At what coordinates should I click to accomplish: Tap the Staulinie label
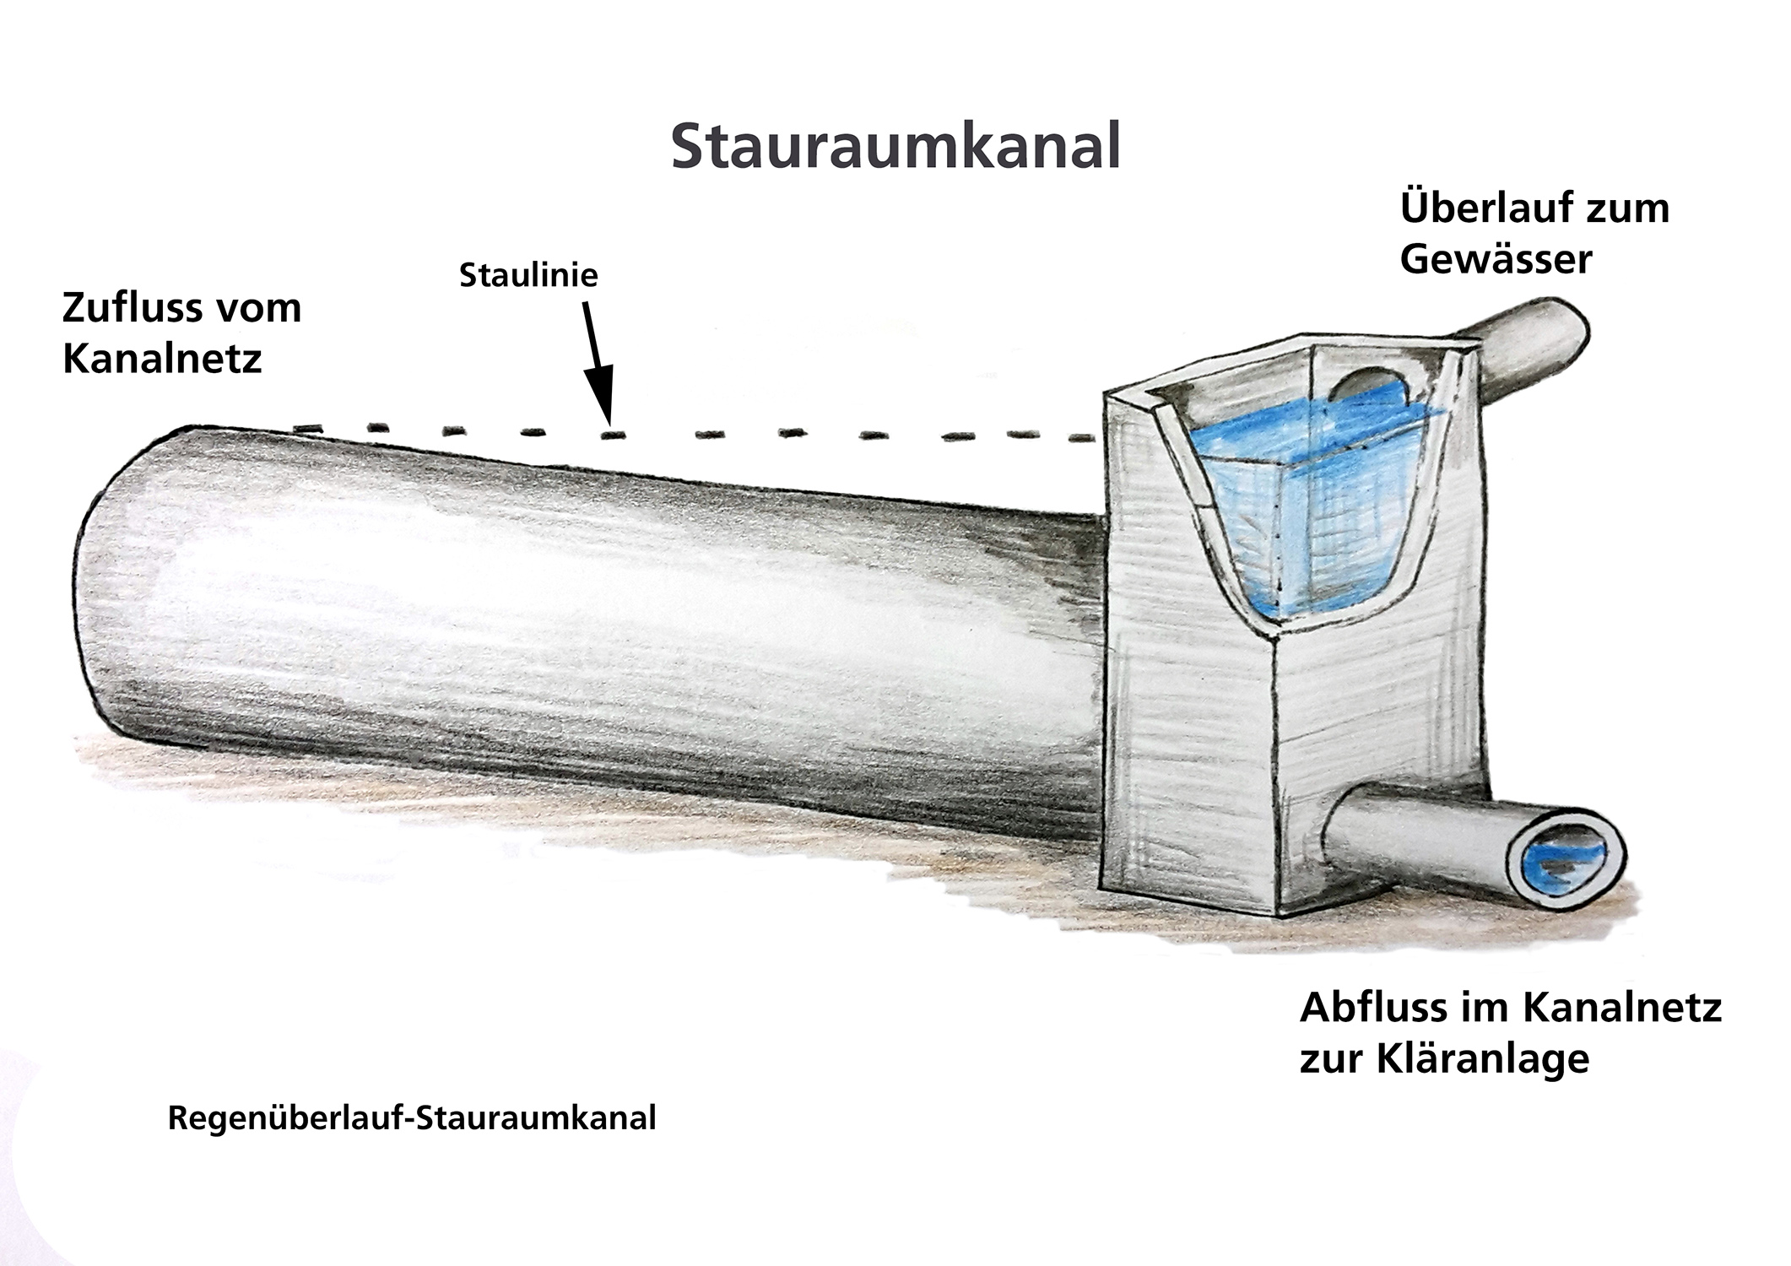pos(528,276)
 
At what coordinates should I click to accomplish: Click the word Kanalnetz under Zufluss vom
pos(162,360)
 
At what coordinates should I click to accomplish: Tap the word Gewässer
pos(1496,258)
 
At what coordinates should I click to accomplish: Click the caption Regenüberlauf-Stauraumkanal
pos(412,1118)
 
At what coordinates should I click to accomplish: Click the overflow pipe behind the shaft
pos(1532,346)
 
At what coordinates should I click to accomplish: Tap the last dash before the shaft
pos(1080,438)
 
